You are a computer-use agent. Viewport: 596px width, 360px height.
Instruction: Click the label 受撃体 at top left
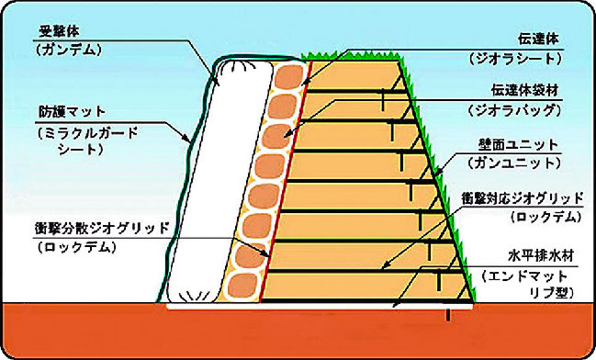click(60, 32)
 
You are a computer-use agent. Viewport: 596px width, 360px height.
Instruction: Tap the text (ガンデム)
click(69, 51)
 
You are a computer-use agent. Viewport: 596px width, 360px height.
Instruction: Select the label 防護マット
click(72, 113)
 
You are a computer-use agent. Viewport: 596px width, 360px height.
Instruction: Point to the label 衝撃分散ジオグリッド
click(102, 229)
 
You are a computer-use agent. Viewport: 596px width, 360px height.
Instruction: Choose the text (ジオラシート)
click(514, 59)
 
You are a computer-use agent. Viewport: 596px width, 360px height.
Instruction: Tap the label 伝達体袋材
click(525, 91)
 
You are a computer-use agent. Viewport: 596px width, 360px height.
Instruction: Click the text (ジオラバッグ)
click(514, 110)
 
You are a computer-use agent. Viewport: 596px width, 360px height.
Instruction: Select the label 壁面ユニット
click(518, 145)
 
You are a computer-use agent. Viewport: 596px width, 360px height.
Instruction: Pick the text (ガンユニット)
click(514, 163)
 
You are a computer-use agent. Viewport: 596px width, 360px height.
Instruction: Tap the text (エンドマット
click(524, 276)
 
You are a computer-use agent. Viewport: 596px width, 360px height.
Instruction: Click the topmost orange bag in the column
click(288, 77)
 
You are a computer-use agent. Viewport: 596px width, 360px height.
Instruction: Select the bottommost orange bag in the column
click(242, 286)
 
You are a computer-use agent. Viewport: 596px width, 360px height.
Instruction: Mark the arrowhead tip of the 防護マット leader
click(190, 142)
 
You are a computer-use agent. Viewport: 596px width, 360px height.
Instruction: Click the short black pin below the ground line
click(448, 315)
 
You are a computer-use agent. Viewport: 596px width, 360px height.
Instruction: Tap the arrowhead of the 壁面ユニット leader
click(435, 175)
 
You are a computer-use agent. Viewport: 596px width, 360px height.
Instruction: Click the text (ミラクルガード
click(87, 133)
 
